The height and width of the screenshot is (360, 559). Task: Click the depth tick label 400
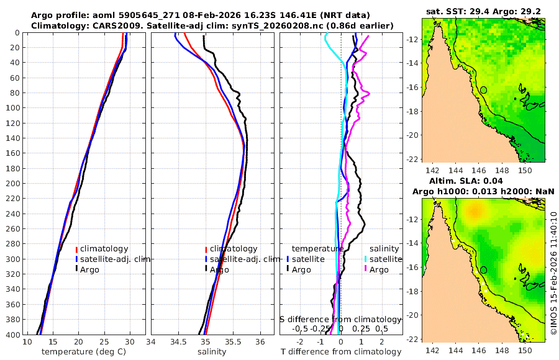tap(12, 335)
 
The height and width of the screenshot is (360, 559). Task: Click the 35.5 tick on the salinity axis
tap(233, 342)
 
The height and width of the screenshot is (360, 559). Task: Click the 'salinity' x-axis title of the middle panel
tap(211, 352)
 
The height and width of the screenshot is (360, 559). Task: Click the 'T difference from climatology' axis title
tap(342, 352)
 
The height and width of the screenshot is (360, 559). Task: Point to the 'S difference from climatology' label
tap(341, 319)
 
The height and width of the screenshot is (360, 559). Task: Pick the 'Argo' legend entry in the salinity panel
tap(219, 269)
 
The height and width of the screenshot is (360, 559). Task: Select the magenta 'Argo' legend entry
tap(379, 269)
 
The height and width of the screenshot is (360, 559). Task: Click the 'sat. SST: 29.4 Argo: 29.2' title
tap(482, 11)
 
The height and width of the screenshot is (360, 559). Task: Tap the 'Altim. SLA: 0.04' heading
tap(482, 180)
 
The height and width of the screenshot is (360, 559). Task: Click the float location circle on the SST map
tap(483, 90)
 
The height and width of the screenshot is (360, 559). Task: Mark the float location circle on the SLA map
tap(483, 270)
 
